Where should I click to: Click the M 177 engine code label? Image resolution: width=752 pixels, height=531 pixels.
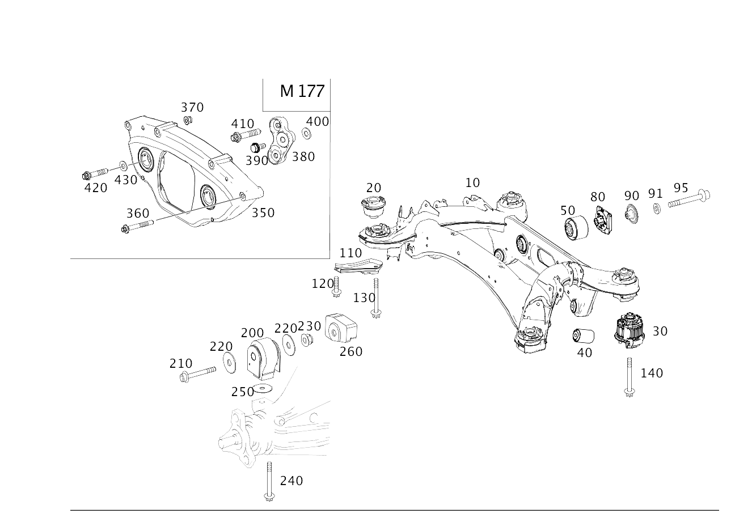coord(302,91)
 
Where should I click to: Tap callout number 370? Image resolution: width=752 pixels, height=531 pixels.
coord(192,107)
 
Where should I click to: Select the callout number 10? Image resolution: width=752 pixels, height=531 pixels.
coord(472,182)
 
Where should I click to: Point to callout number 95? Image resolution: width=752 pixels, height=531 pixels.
coord(681,188)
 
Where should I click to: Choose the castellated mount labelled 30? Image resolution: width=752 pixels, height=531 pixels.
coord(630,329)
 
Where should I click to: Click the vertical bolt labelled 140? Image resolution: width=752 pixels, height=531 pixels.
coord(630,375)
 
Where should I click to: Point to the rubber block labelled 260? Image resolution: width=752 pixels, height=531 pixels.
coord(341,330)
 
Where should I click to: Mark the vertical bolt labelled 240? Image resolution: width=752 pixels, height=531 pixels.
coord(269,479)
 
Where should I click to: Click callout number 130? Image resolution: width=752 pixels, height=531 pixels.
coord(364,298)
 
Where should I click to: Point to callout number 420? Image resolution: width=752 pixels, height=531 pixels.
coord(95,187)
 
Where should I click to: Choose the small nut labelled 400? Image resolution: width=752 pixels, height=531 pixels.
coord(306,134)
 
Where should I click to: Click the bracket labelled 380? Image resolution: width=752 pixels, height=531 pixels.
coord(281,142)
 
